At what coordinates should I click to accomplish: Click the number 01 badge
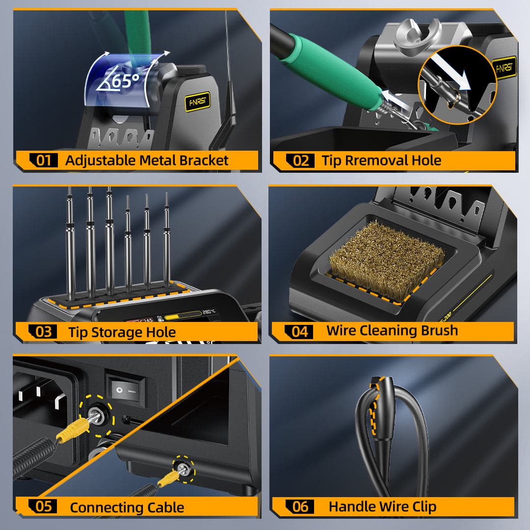coord(44,160)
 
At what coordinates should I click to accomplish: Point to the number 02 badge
coord(300,160)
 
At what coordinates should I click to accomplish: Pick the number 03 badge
coord(44,332)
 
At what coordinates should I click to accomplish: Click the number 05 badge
coord(44,506)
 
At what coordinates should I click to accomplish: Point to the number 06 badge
coord(300,506)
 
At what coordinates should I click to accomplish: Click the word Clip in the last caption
coord(423,507)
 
